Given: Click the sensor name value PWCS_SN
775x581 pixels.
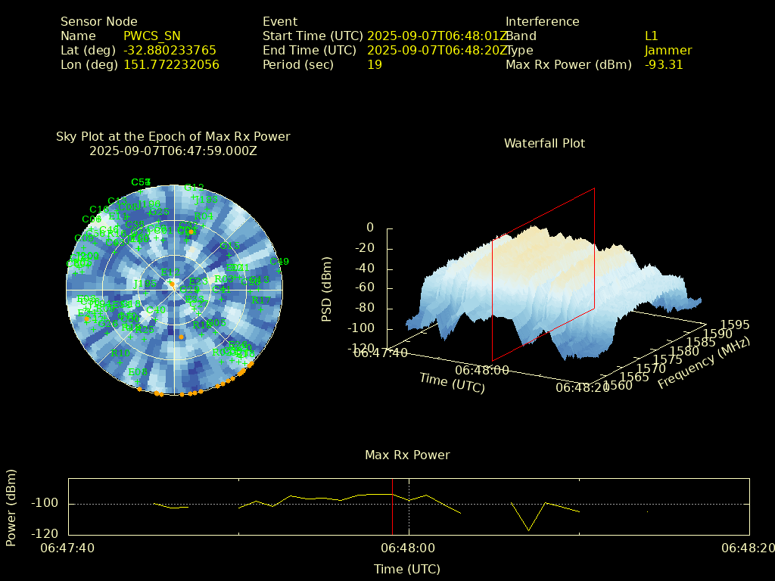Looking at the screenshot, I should pyautogui.click(x=152, y=36).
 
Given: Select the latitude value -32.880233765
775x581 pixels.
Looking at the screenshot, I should pyautogui.click(x=170, y=50).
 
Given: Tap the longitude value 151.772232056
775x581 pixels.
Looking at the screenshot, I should pyautogui.click(x=171, y=64).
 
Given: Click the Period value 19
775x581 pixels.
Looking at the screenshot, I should pyautogui.click(x=375, y=64).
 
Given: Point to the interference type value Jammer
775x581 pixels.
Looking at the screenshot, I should pyautogui.click(x=668, y=50).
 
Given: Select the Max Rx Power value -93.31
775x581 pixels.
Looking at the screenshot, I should pyautogui.click(x=664, y=64).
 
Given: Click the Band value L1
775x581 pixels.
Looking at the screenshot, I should pyautogui.click(x=652, y=36).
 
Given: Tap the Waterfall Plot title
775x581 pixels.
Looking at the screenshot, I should pyautogui.click(x=544, y=143).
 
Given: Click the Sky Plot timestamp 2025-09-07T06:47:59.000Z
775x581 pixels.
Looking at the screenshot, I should pyautogui.click(x=173, y=151).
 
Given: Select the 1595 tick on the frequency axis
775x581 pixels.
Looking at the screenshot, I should pyautogui.click(x=735, y=325).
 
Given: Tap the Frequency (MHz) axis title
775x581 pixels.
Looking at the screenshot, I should pyautogui.click(x=703, y=362).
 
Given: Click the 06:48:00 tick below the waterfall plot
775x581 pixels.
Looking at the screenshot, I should pyautogui.click(x=482, y=371).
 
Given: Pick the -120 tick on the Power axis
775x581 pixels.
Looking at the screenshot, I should pyautogui.click(x=48, y=533).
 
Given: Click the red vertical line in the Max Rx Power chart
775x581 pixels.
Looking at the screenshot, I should pyautogui.click(x=392, y=506).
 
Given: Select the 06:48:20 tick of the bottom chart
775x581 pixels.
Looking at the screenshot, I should pyautogui.click(x=749, y=548).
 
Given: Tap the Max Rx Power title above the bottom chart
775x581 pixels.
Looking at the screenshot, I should pyautogui.click(x=407, y=455).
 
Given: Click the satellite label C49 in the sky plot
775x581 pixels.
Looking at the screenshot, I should pyautogui.click(x=279, y=262).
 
